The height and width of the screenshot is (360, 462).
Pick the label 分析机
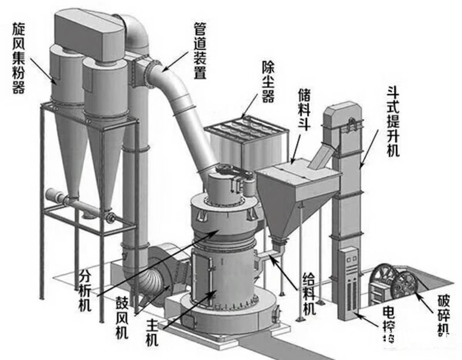(85, 288)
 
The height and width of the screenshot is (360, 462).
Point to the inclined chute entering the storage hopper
(321, 153)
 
